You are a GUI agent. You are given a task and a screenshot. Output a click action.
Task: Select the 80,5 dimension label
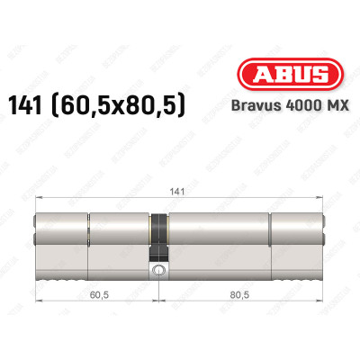click(x=240, y=294)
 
